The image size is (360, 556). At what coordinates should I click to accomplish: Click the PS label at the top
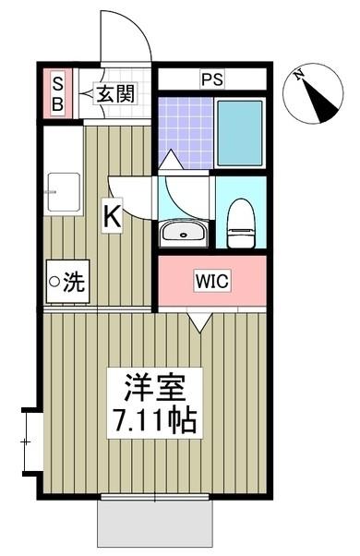[211, 79]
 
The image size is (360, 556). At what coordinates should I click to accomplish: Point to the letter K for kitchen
[110, 219]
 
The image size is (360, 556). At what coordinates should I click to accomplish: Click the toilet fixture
[240, 223]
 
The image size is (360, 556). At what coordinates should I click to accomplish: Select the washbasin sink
[183, 232]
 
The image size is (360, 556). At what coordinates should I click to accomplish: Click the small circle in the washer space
[54, 283]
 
